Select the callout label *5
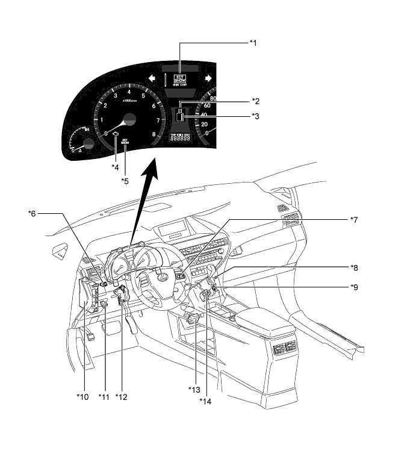click(x=125, y=180)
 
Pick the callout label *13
click(x=194, y=389)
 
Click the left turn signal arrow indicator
click(x=152, y=78)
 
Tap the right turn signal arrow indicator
click(x=208, y=78)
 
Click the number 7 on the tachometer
click(x=158, y=120)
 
